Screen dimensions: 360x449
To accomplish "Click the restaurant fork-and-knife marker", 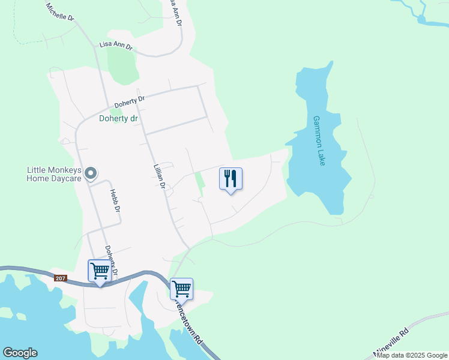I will tap(231, 178).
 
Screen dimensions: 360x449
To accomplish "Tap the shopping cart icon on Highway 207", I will tap(99, 271).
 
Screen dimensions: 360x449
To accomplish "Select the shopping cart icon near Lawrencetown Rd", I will tap(181, 289).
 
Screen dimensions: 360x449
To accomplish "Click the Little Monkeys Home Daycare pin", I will tap(91, 173).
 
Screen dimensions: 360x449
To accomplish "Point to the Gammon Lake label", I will tap(319, 140).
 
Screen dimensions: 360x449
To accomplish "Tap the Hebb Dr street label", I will tap(115, 201).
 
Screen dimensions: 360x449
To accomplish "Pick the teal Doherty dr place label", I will tap(118, 119).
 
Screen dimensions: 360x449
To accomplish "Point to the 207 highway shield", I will tap(60, 278).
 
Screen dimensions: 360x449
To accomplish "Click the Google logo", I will tap(20, 353).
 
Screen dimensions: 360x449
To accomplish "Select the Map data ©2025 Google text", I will tap(412, 355).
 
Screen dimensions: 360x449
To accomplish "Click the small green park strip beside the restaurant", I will tap(200, 182).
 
